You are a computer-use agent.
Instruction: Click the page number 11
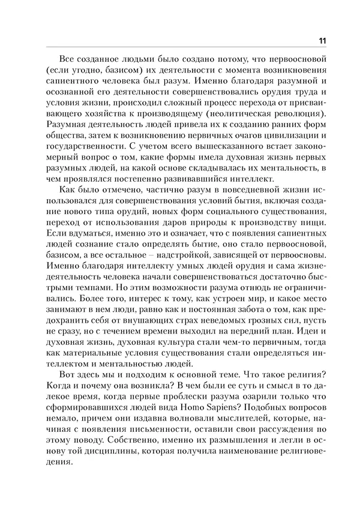322,41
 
